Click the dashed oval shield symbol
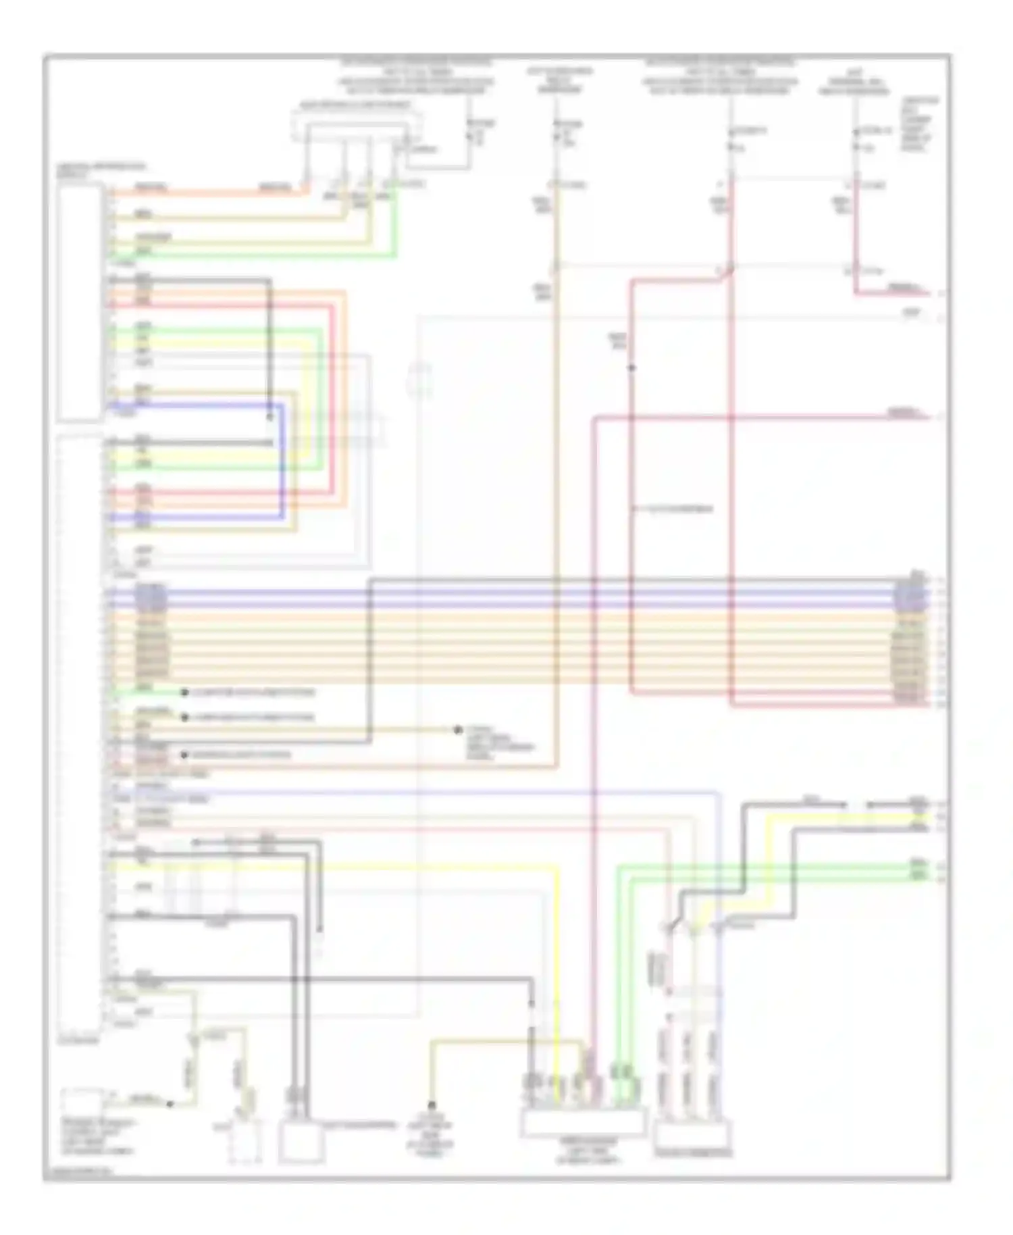tap(420, 378)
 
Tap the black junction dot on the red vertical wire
tap(631, 368)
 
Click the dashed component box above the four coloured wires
tap(357, 126)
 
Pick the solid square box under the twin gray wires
tap(302, 1142)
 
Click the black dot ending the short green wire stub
tap(184, 692)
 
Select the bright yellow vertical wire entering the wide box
tap(557, 980)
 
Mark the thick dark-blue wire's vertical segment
tap(282, 459)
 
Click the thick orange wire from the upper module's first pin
tap(203, 193)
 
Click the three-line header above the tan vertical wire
tap(561, 80)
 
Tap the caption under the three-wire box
tap(693, 1153)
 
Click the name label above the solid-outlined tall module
tap(101, 169)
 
